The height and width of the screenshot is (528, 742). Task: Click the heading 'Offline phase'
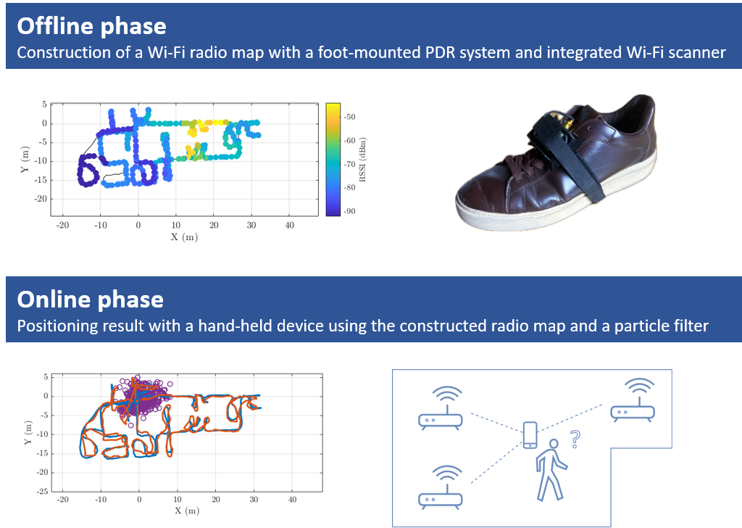point(92,26)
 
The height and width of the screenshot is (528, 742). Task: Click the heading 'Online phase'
point(91,300)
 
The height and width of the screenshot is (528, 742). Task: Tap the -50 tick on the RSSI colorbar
point(349,117)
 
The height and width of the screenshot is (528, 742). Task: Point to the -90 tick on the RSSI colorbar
point(349,211)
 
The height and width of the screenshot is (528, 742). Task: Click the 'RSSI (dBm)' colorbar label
point(362,160)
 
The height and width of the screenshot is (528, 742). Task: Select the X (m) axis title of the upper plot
point(185,236)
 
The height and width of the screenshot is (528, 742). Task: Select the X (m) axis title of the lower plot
point(187,511)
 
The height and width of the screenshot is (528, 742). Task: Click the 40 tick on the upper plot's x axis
point(290,226)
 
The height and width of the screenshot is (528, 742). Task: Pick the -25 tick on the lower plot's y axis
point(43,492)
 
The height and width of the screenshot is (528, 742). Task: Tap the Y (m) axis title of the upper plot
point(25,160)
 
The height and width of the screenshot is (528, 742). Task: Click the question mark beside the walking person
point(575,439)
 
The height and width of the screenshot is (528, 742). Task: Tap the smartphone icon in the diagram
point(530,434)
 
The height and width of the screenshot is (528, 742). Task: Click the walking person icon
point(551,470)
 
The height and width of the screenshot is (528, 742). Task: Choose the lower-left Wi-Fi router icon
point(440,487)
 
